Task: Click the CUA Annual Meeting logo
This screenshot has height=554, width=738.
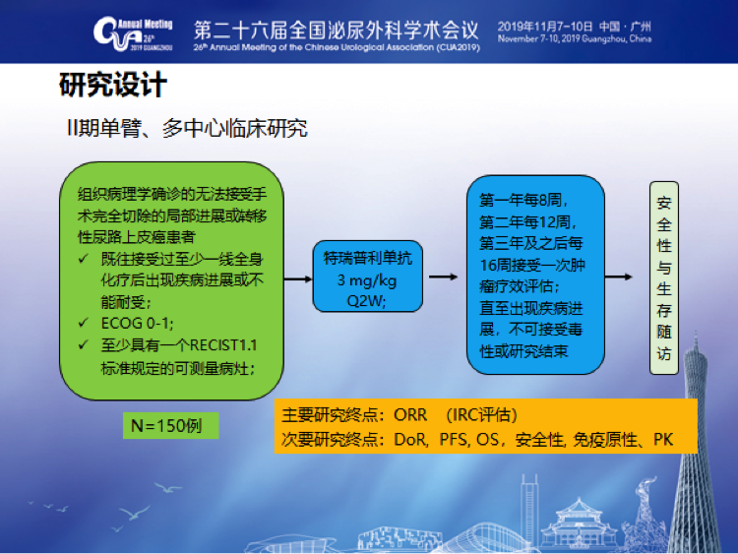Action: coord(133,33)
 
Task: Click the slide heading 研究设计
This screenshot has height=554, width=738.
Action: coord(113,85)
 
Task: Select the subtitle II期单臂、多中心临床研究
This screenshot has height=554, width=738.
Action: coord(187,128)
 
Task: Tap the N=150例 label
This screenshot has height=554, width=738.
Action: coord(166,425)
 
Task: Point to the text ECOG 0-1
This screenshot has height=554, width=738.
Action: coord(137,324)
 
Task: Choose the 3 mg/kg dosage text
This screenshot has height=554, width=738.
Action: coord(367,280)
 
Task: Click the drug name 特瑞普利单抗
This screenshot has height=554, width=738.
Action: coord(368,258)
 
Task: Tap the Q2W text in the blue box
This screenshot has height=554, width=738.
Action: coord(365,301)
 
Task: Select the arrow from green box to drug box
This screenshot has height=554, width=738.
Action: coord(298,279)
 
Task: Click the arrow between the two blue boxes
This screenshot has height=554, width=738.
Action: coord(444,277)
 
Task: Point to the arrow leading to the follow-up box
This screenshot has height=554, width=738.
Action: coord(618,277)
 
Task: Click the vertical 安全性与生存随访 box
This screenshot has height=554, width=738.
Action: coord(663,277)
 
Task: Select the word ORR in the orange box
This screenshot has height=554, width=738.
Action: coord(410,415)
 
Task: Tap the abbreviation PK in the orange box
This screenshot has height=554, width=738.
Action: coord(663,440)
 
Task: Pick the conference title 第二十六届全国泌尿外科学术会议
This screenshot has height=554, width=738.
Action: coord(337,30)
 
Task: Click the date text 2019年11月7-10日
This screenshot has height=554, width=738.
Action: coord(545,27)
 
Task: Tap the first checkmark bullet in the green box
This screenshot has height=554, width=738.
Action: coord(84,259)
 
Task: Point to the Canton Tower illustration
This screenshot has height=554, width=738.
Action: coord(697,443)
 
